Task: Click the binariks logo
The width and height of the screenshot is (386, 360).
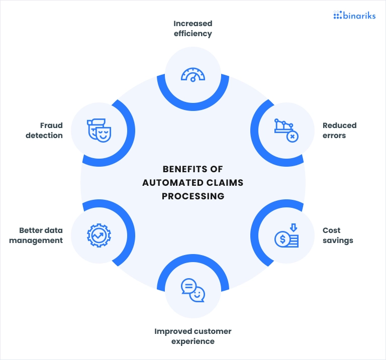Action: click(x=354, y=15)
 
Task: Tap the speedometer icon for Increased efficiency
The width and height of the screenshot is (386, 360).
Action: click(x=193, y=75)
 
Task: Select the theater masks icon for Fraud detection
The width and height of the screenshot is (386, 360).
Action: click(x=99, y=131)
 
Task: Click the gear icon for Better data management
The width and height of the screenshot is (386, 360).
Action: click(x=99, y=235)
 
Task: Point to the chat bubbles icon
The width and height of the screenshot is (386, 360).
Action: click(x=193, y=290)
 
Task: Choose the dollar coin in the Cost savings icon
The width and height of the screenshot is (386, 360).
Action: click(x=282, y=239)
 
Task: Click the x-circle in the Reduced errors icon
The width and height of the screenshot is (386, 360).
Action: click(x=293, y=137)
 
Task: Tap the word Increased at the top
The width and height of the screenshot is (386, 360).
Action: click(x=193, y=24)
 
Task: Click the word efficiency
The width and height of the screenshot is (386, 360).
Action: click(x=193, y=34)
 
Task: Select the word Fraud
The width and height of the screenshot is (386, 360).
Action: click(x=51, y=126)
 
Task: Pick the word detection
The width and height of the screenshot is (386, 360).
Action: click(x=44, y=136)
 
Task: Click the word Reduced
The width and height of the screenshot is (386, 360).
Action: click(x=339, y=126)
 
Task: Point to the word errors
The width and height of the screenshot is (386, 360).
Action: click(x=334, y=136)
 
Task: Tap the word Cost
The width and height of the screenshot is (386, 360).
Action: click(x=331, y=230)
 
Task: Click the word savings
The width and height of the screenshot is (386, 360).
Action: click(x=338, y=241)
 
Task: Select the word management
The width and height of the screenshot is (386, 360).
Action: click(x=36, y=241)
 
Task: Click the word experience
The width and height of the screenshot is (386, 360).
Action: click(x=193, y=342)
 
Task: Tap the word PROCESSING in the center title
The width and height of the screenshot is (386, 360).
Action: click(x=193, y=196)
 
